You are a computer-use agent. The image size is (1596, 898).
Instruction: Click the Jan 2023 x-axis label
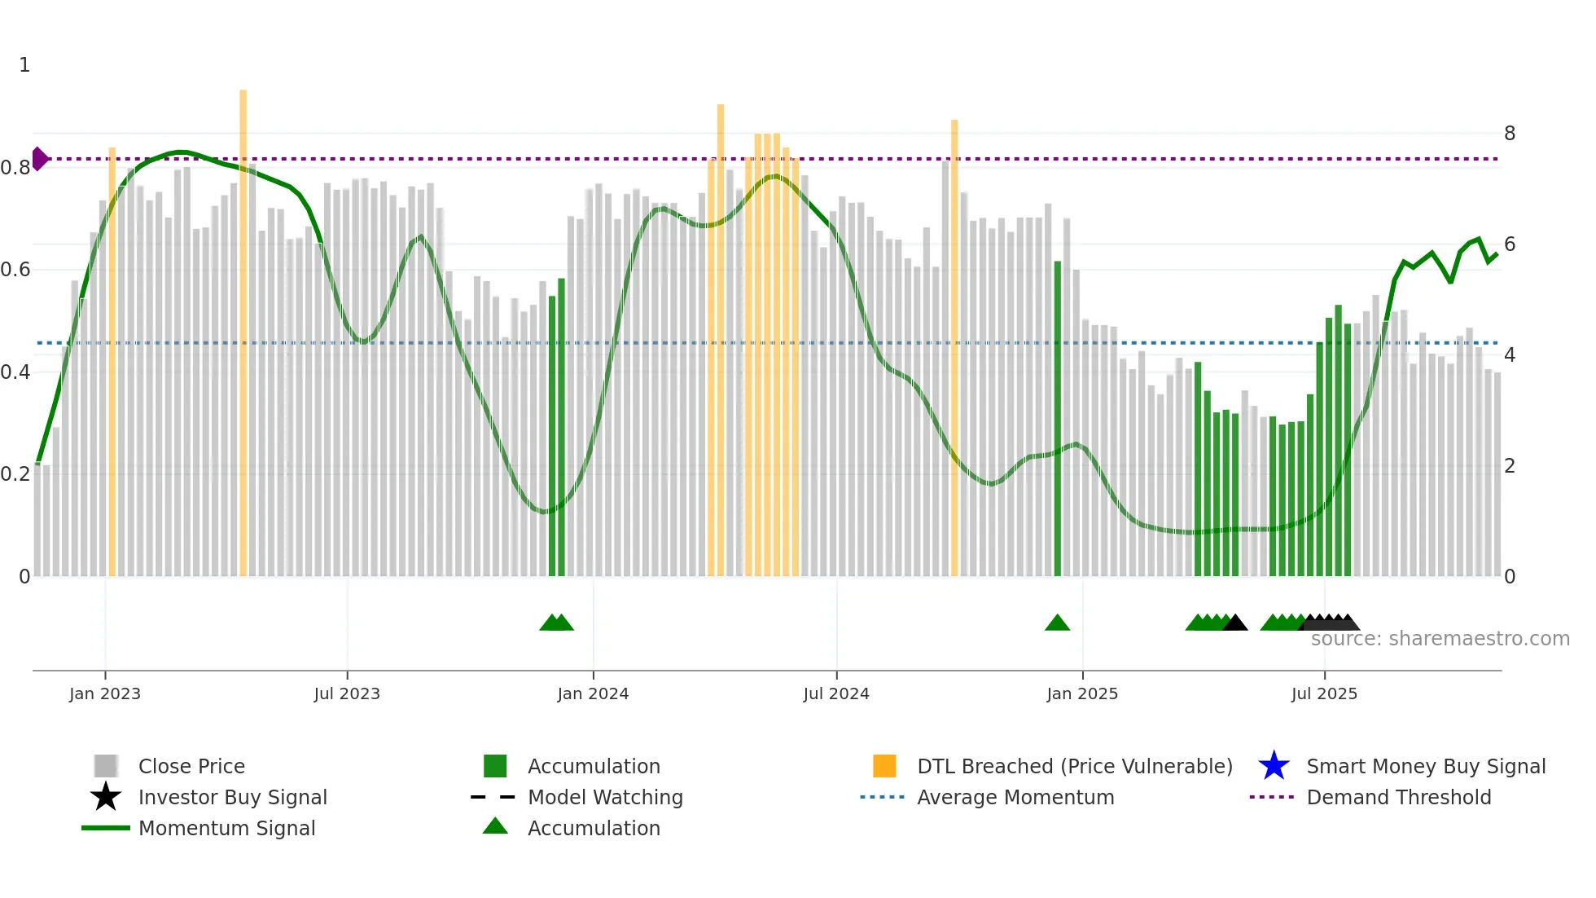pos(105,693)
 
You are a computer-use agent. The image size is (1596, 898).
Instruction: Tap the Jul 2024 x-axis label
pos(836,693)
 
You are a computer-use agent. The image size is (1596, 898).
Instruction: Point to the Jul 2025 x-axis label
pos(1324,693)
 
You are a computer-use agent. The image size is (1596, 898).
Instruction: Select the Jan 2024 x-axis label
pos(593,693)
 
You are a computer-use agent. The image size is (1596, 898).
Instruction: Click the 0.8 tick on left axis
pos(15,168)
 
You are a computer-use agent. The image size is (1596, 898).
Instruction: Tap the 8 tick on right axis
pos(1510,134)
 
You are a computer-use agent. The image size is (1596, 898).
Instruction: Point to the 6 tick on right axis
pos(1510,244)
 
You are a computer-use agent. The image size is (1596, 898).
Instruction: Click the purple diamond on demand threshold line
pos(39,159)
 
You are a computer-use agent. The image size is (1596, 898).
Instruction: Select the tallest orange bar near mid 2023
pos(243,326)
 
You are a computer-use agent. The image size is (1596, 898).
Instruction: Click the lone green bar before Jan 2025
pos(1057,416)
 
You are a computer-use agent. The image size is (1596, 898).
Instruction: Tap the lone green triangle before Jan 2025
pos(1057,623)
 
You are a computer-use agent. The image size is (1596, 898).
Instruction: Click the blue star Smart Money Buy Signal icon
pos(1274,766)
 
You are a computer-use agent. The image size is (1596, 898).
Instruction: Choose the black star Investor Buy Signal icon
pos(106,797)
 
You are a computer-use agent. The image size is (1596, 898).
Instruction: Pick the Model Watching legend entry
pos(605,797)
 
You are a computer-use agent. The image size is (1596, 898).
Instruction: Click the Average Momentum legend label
pos(1015,797)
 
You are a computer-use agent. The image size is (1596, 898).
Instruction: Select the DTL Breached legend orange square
pos(884,766)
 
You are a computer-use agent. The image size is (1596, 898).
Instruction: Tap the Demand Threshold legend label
pos(1398,797)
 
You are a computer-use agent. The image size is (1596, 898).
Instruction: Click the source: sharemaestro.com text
pos(1440,639)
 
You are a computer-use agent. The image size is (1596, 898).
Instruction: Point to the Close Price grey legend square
pos(106,766)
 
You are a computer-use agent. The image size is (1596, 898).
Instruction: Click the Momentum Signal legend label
pos(226,828)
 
